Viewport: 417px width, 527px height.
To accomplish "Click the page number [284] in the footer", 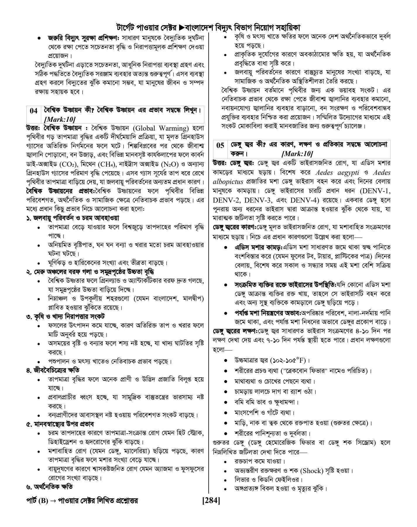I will [211, 501].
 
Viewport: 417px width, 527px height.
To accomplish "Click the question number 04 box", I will [34, 111].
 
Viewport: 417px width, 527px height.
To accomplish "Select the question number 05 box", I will [220, 145].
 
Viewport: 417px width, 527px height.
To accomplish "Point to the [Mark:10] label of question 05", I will [297, 154].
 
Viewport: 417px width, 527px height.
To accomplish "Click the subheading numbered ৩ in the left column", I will [66, 316].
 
